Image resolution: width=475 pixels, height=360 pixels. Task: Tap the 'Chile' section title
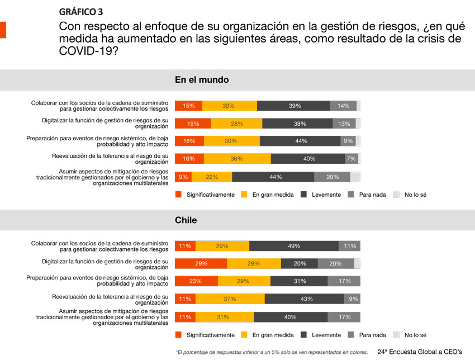tap(186, 220)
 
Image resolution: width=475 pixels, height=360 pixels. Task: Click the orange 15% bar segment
tap(188, 106)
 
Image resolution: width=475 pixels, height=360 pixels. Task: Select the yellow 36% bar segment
tap(237, 159)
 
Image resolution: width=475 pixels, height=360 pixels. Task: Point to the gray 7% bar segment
tap(351, 159)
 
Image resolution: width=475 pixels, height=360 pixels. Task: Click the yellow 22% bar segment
tap(212, 177)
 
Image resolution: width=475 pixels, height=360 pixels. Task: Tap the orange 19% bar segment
tap(193, 124)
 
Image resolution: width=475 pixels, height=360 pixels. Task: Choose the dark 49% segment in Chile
tap(294, 246)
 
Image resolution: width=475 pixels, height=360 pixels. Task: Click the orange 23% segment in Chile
tap(196, 281)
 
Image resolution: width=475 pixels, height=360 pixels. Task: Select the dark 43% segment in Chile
tap(305, 299)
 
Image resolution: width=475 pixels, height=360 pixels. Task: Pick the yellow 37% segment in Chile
tap(230, 299)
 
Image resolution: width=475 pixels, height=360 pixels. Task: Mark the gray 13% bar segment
tap(344, 124)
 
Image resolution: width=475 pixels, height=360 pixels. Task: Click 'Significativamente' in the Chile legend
tap(210, 335)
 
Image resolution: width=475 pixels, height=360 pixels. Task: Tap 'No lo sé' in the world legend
tap(415, 195)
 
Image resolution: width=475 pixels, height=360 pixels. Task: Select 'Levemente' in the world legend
tap(326, 195)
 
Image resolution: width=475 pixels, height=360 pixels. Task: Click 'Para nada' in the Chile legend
tap(372, 335)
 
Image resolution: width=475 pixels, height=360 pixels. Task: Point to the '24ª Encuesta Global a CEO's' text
tap(420, 352)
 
